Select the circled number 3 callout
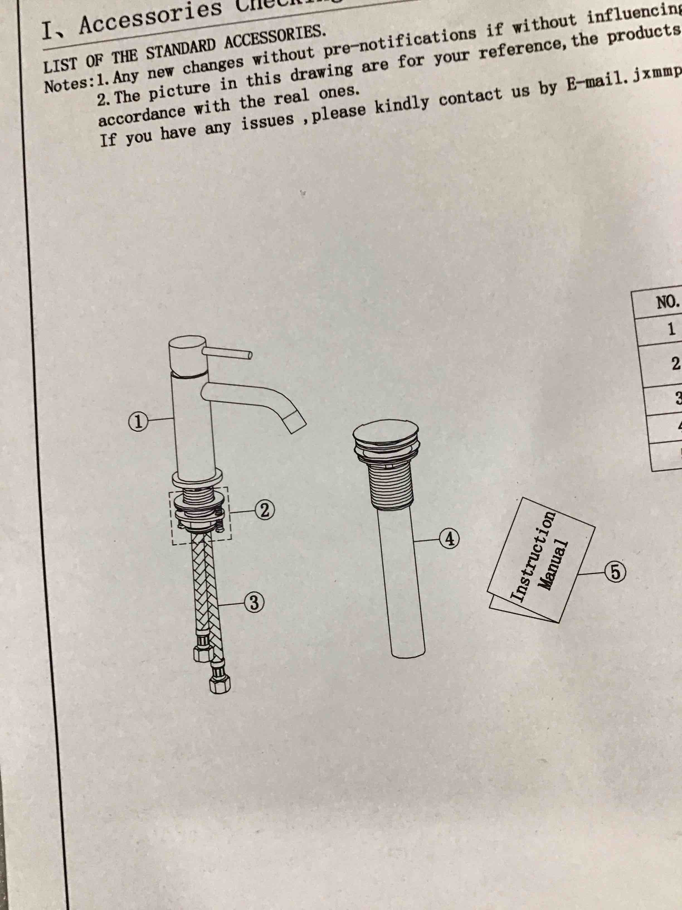click(254, 603)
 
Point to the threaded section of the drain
click(393, 485)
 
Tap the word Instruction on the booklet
click(533, 556)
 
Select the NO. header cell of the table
click(668, 304)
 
